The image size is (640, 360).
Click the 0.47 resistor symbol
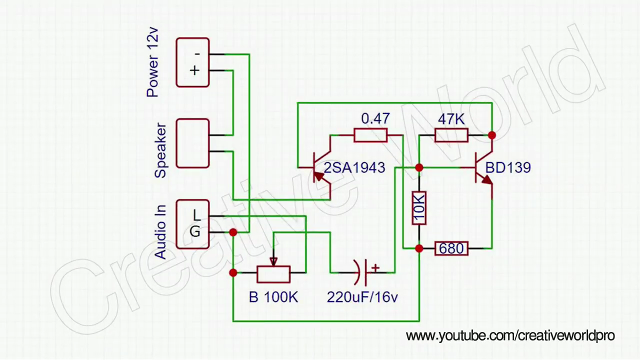370,135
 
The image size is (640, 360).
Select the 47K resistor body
451,135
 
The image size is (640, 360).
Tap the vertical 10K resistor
419,207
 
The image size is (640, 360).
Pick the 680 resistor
451,248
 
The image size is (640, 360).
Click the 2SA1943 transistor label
354,168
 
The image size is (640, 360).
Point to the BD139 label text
507,167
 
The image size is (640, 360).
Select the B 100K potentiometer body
273,273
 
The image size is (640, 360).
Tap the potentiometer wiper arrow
273,261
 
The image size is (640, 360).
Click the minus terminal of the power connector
197,53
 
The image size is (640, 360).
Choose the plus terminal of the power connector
194,70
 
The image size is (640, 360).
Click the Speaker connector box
192,143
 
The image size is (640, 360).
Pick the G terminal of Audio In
195,232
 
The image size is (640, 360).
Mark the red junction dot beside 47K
492,135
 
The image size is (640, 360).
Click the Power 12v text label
152,62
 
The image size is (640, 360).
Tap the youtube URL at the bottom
510,335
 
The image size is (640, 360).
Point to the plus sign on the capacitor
375,267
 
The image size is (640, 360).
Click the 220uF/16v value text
362,297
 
